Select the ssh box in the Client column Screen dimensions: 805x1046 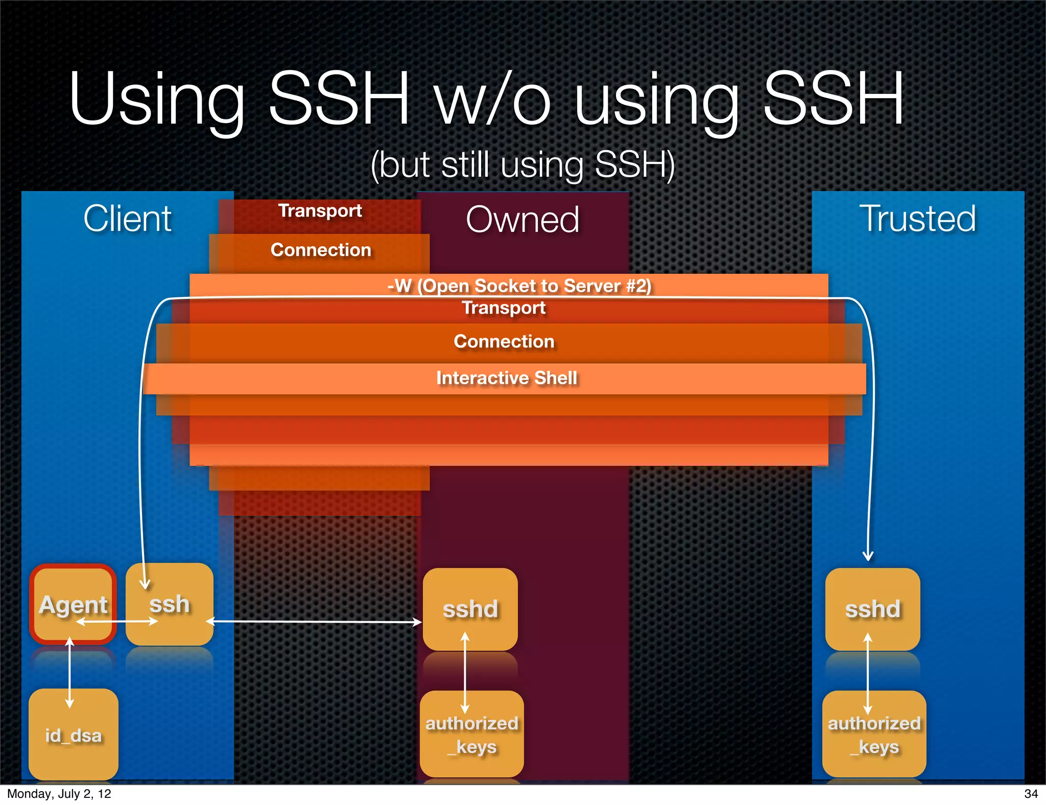(x=169, y=604)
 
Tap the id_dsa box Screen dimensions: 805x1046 (x=73, y=735)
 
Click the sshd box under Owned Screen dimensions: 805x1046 (x=470, y=609)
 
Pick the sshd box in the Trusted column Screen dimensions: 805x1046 (x=872, y=609)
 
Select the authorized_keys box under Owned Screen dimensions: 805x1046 (x=471, y=735)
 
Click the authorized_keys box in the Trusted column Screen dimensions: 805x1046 (x=874, y=735)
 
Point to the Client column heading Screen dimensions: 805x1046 (x=127, y=219)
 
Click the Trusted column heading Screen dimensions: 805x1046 (x=917, y=219)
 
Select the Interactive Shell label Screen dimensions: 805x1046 (x=506, y=378)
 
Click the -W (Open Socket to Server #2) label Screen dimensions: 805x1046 (x=519, y=286)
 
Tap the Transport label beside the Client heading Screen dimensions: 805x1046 (x=320, y=210)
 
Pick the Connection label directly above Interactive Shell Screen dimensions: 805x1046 (x=504, y=341)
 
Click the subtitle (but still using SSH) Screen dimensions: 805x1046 (x=522, y=165)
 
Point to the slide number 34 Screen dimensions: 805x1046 (x=1031, y=794)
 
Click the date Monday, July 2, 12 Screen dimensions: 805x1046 (x=59, y=794)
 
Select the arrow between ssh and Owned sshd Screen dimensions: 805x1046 (x=314, y=622)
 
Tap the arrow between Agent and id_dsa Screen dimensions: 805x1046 (x=70, y=672)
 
